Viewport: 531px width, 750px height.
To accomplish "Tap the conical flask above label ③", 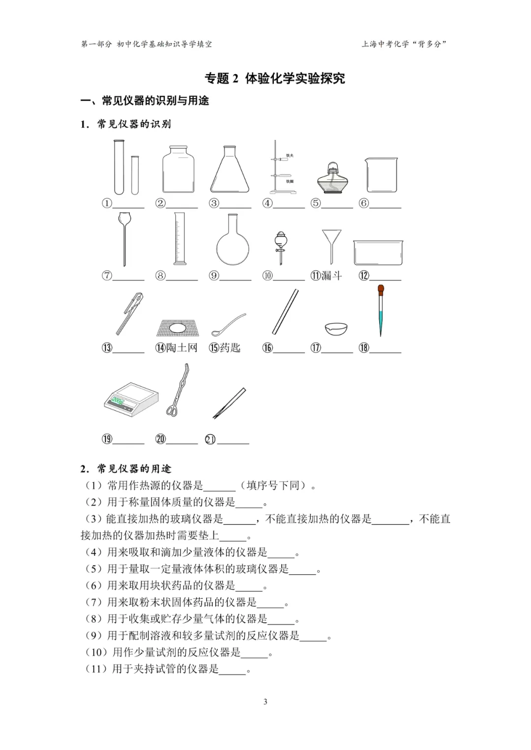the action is click(x=230, y=171).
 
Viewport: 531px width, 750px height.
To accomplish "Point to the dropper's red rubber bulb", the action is click(x=381, y=289).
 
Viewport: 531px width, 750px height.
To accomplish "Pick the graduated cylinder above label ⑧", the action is click(x=179, y=239).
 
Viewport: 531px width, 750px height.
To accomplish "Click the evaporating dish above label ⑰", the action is click(x=336, y=328).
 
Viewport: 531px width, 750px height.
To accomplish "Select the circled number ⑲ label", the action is click(x=107, y=439).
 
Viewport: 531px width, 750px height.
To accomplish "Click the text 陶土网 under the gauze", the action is click(x=182, y=348).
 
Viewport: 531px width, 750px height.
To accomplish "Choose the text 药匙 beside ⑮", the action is click(x=230, y=348).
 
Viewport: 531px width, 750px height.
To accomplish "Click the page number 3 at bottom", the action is click(x=265, y=701).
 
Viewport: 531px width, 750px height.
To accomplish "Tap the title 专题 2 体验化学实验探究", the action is click(x=275, y=78).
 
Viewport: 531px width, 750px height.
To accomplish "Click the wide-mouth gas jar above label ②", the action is click(x=178, y=169).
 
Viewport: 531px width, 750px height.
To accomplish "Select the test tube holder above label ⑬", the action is click(x=129, y=313).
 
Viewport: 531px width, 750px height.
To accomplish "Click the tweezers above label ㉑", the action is click(x=229, y=403).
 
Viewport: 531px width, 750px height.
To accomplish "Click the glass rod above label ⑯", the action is click(x=285, y=312).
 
